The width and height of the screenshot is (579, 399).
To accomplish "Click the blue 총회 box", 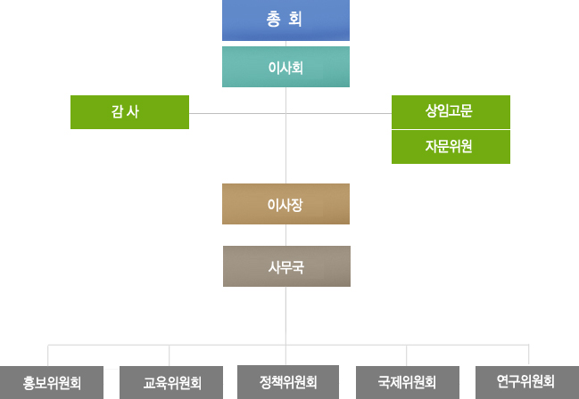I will tap(285, 20).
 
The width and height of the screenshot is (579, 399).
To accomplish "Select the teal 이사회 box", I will tap(285, 67).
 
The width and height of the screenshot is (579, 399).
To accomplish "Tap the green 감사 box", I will tap(129, 112).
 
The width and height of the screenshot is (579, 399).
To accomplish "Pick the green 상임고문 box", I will tap(451, 112).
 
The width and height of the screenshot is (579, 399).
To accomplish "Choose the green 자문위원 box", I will tap(451, 147).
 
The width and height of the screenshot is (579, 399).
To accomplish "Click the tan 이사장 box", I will tap(285, 204).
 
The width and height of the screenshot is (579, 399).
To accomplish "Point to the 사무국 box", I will tap(285, 266).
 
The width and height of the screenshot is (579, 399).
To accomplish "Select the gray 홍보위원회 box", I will tap(52, 383).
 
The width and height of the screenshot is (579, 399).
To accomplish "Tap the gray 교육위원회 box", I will tap(171, 383).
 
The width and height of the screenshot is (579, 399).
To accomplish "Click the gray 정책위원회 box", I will tap(287, 382).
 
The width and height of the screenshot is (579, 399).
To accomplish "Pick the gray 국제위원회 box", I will tap(407, 383).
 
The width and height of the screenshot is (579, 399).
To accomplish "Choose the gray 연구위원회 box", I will tap(526, 383).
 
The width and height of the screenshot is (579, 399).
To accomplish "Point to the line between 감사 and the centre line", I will tap(236, 113).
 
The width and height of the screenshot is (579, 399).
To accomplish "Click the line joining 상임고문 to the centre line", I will tap(339, 113).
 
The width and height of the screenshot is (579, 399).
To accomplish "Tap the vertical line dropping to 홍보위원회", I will tap(48, 354).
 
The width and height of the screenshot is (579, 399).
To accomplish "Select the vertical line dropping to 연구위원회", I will tap(528, 354).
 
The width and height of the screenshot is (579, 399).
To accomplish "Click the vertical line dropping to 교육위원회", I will tap(170, 354).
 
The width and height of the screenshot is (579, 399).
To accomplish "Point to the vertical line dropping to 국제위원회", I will tap(407, 354).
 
